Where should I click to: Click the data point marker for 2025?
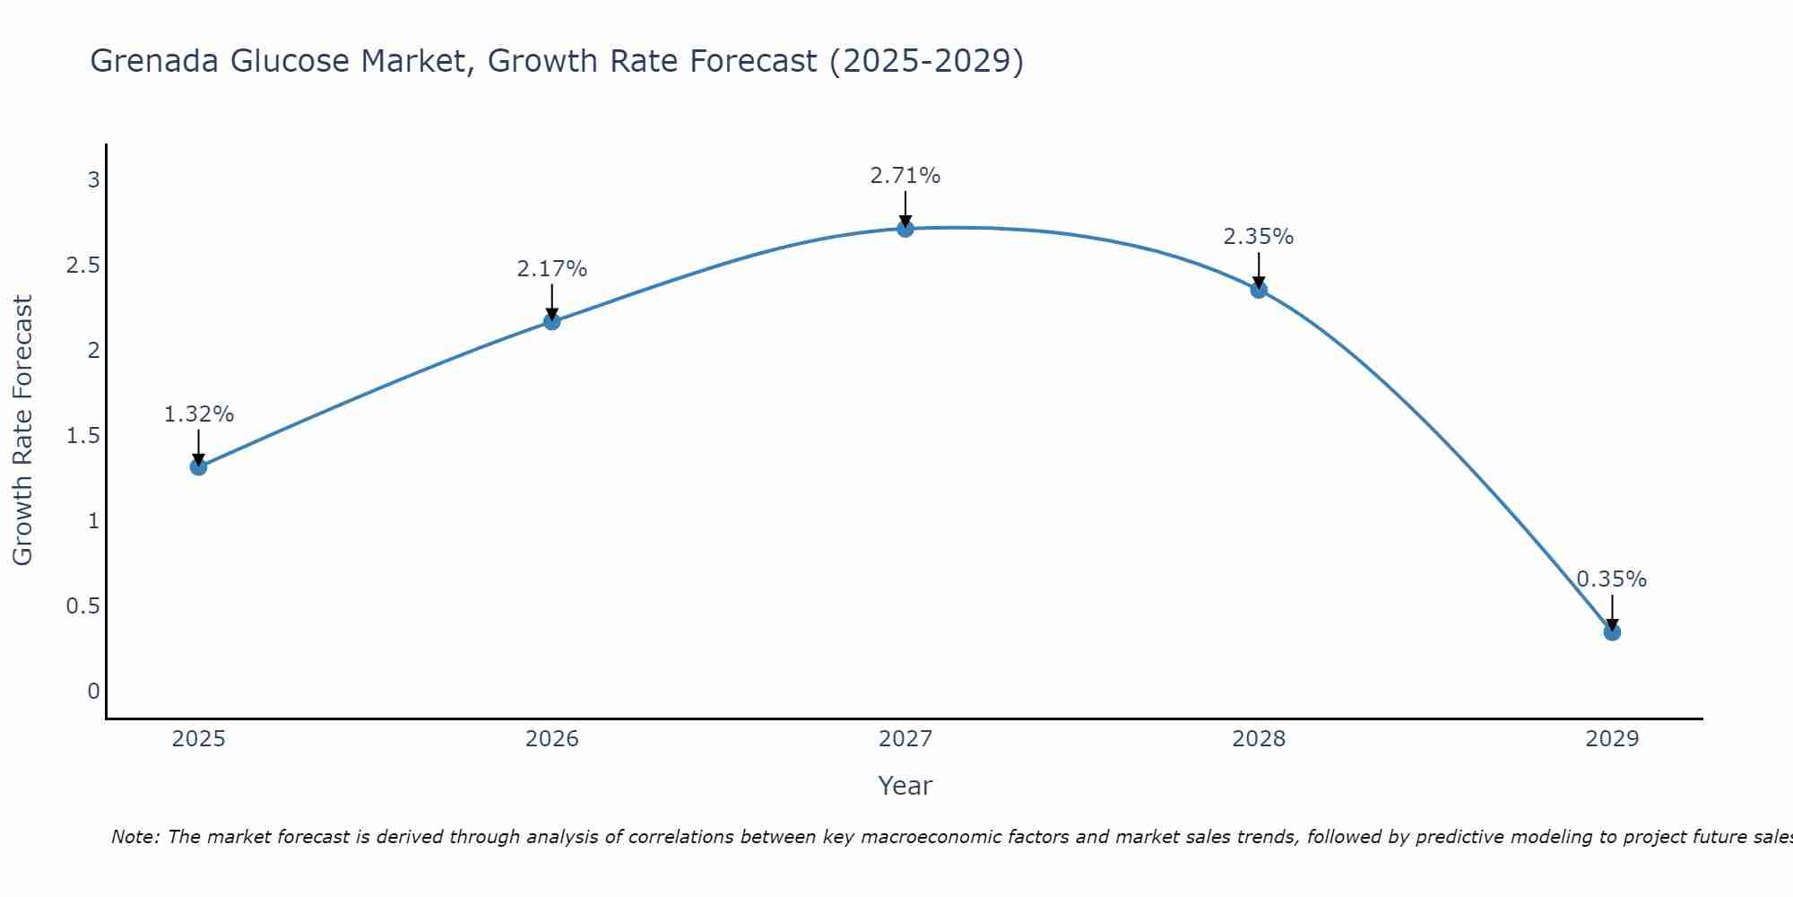click(198, 466)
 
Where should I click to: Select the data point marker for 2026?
click(552, 321)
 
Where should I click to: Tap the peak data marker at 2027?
click(905, 229)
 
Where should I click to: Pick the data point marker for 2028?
click(1259, 290)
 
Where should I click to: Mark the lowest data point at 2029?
click(1612, 632)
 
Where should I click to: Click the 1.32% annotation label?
click(198, 414)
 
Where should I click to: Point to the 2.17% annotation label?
click(552, 269)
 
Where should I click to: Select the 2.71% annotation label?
click(905, 176)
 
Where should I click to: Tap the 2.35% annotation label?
click(1259, 237)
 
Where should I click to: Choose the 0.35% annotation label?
click(1612, 579)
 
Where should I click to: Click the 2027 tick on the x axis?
click(905, 739)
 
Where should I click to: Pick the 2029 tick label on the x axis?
click(1612, 739)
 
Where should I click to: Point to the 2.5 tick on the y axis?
click(82, 266)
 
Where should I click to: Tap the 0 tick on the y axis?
click(93, 692)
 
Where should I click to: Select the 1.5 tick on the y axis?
click(82, 436)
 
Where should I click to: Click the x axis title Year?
click(905, 786)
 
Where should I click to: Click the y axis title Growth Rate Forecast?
click(23, 431)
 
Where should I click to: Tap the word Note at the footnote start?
click(134, 837)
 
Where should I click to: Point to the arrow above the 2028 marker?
click(1259, 269)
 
